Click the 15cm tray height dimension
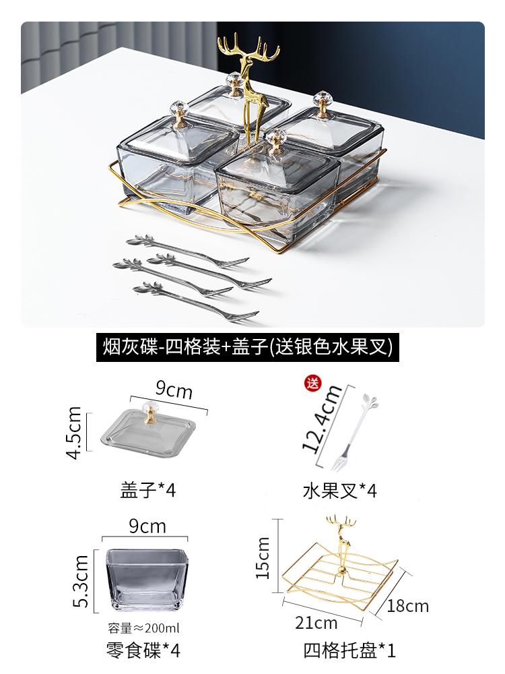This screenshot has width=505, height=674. tap(263, 557)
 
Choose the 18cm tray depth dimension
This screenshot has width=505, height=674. tap(408, 605)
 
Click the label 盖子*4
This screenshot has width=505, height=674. tap(147, 489)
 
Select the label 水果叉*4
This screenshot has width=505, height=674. tap(339, 489)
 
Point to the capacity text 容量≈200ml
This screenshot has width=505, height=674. tap(143, 629)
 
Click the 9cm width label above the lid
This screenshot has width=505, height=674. tap(174, 390)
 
